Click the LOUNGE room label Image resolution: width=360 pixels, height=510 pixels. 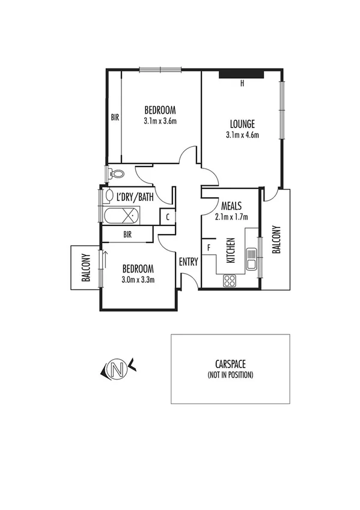coord(242,124)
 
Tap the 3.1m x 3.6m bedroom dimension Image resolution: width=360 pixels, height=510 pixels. coord(160,121)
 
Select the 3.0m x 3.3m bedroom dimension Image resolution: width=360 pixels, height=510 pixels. coord(138,279)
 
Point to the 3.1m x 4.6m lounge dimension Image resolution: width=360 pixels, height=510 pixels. coord(242,135)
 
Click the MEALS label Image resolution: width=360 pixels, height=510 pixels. coord(231,206)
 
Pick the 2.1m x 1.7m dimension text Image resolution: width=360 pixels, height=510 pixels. coord(231,217)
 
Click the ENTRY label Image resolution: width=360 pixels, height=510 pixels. coord(188,262)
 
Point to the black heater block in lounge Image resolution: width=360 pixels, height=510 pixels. coord(241,74)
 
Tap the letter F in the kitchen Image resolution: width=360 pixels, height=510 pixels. coord(209,247)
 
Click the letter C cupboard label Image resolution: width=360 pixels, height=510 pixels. coord(167,217)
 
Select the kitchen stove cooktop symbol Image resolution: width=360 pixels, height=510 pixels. coord(230,280)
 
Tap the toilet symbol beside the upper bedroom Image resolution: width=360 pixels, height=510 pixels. coord(117,174)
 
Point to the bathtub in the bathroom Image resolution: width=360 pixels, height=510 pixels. coord(123,215)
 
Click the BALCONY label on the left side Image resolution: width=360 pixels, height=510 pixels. coord(86,267)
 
